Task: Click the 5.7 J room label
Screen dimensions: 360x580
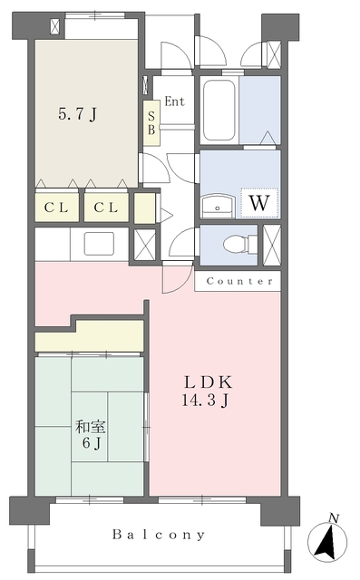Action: tap(78, 114)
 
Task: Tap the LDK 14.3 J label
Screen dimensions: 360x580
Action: tap(208, 391)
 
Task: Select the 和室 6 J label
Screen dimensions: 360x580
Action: tap(91, 435)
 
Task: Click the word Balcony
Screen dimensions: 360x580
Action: tap(159, 535)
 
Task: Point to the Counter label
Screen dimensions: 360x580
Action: tap(239, 281)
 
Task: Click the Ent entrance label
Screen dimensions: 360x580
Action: tap(175, 101)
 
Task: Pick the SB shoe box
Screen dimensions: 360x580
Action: tap(151, 123)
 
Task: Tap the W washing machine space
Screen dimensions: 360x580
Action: tap(259, 202)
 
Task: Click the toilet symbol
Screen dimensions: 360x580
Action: tap(240, 245)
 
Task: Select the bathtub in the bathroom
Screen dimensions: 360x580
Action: tap(219, 110)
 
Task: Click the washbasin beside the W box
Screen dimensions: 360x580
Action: tap(218, 206)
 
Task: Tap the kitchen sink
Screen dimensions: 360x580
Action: tap(99, 244)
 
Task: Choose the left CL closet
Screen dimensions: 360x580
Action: tap(56, 208)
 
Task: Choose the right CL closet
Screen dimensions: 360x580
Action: tap(106, 208)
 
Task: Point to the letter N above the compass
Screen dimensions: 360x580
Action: tap(334, 518)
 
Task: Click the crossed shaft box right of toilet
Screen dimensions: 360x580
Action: tap(272, 245)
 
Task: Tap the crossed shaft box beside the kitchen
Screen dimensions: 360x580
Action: tap(144, 245)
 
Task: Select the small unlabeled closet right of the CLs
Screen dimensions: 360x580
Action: tap(144, 208)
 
